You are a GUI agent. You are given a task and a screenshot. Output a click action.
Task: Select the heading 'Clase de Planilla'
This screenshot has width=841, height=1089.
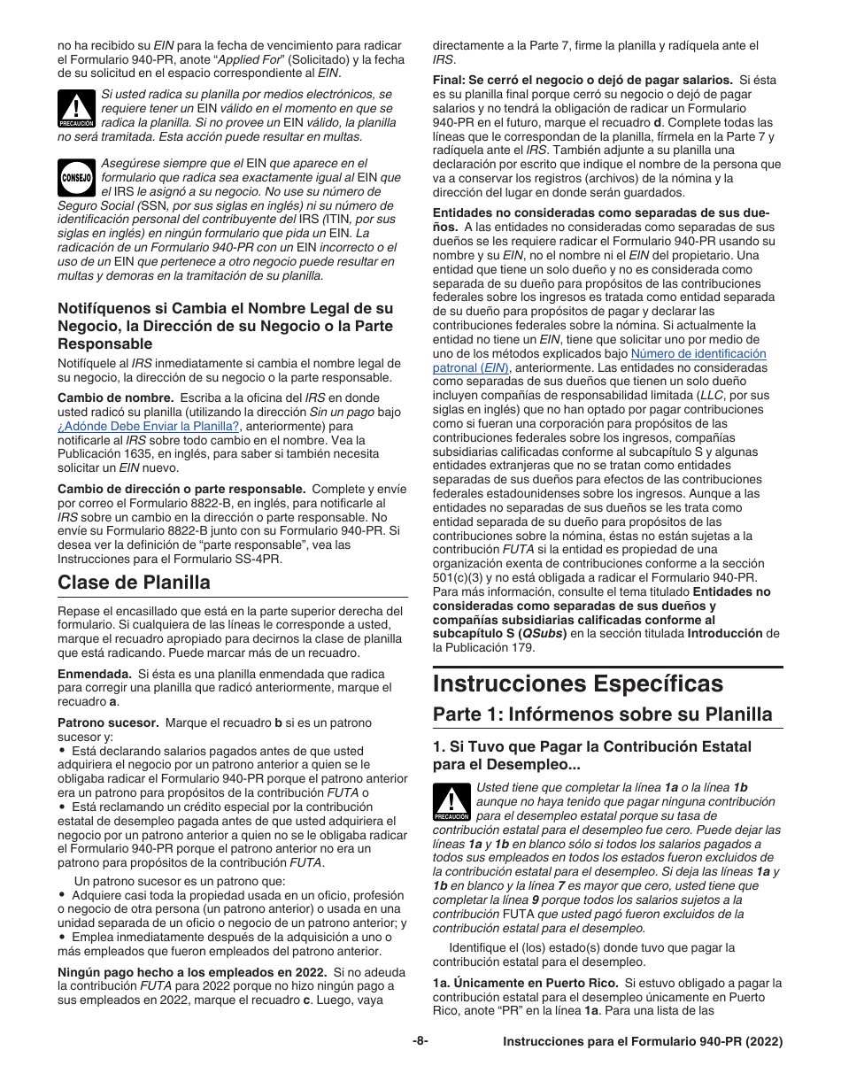(134, 582)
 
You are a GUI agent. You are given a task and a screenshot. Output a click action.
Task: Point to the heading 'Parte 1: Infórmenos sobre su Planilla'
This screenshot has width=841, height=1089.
(602, 714)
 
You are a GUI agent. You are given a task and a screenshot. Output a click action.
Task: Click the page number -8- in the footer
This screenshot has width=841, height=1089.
(420, 1042)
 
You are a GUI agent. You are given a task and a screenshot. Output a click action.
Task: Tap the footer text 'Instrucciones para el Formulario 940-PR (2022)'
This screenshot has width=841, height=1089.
(642, 1043)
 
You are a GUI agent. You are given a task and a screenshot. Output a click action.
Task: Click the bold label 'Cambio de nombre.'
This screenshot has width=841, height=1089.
(115, 398)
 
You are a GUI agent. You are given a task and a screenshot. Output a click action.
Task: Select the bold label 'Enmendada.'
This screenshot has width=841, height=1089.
(94, 674)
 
